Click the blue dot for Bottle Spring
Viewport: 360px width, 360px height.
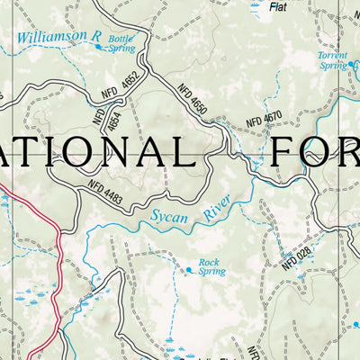(x=100, y=46)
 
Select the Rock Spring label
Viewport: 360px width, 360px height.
(x=211, y=266)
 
